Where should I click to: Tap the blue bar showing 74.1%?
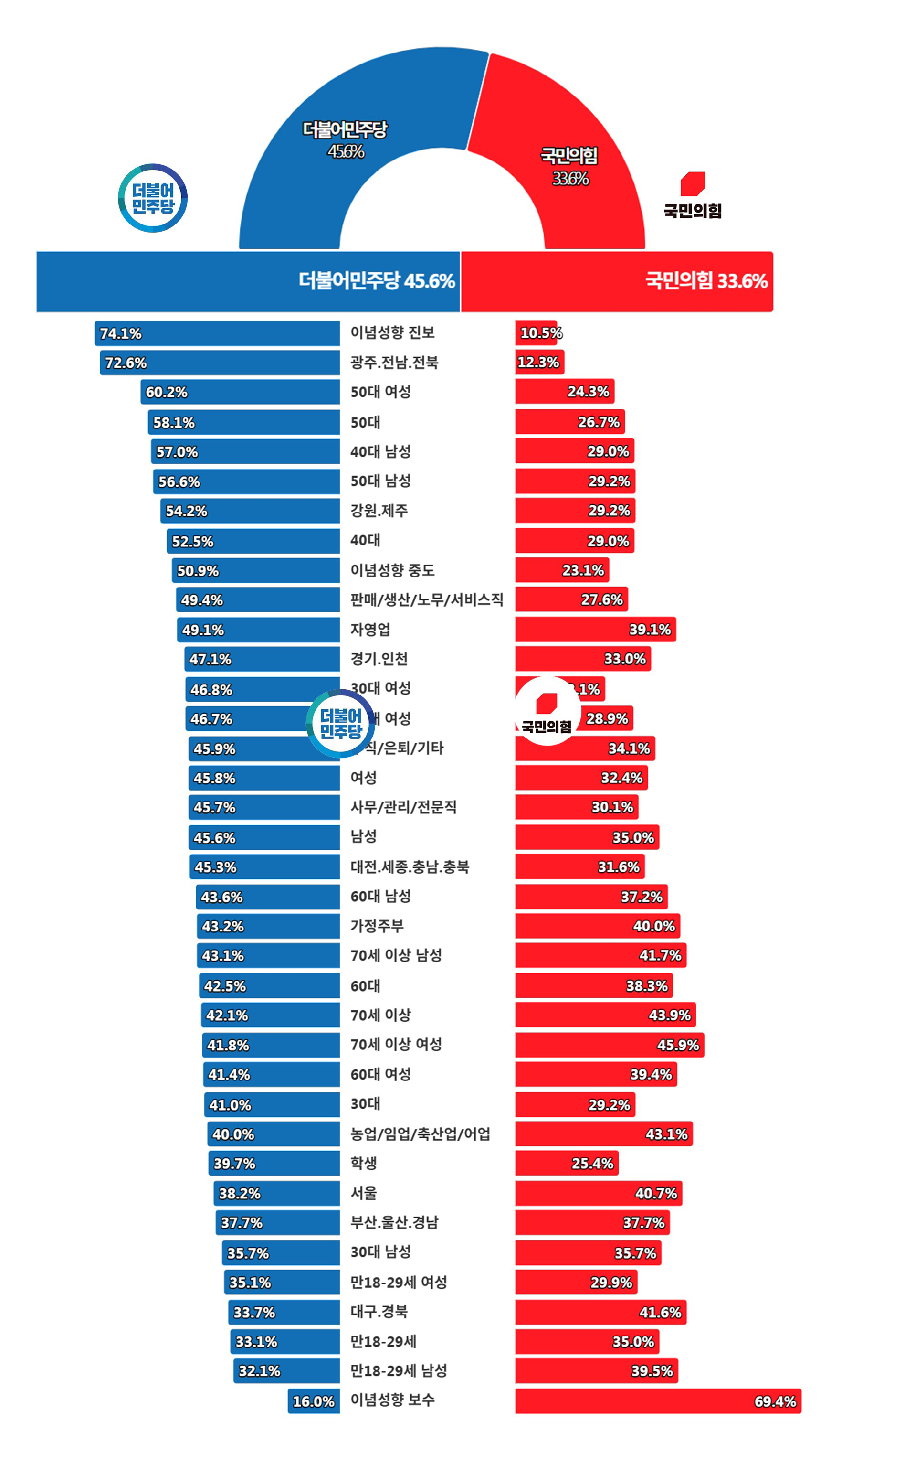217,333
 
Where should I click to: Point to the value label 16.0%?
313,1401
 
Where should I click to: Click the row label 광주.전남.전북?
394,363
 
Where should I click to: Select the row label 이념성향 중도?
392,570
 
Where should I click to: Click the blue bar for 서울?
276,1194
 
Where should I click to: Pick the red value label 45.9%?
677,1045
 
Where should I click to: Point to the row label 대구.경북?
379,1312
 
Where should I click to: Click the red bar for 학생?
566,1163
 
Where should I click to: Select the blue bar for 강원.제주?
250,511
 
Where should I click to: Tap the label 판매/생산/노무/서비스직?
426,599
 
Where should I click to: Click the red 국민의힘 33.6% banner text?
706,281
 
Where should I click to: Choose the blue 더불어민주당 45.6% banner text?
377,281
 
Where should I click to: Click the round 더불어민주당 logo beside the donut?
153,198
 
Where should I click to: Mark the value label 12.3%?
538,363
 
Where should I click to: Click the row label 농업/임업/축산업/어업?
420,1133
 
